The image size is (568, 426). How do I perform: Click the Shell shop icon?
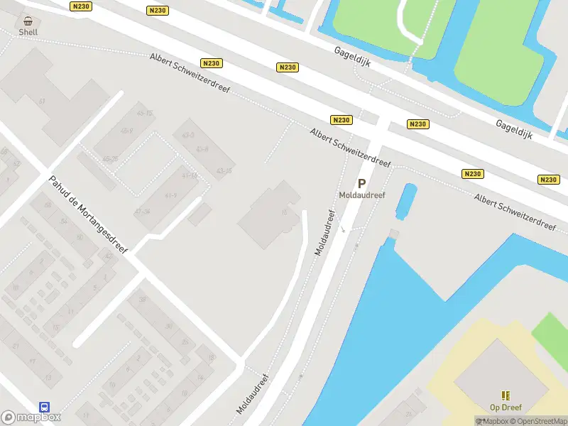(x=28, y=21)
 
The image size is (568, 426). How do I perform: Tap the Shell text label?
(x=28, y=32)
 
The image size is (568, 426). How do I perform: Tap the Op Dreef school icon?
(x=506, y=395)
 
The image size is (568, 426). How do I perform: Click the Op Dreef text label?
(x=506, y=408)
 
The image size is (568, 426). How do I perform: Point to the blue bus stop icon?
(x=44, y=408)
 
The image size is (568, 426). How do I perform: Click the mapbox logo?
(x=31, y=417)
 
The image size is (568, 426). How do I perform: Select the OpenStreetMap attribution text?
(x=542, y=421)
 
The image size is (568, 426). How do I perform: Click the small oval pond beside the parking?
(x=408, y=201)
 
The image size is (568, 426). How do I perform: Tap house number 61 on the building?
(x=42, y=102)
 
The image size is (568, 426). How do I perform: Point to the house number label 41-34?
(x=142, y=212)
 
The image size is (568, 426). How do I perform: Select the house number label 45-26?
(x=110, y=159)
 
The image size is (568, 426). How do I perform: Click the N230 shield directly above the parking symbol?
(x=341, y=120)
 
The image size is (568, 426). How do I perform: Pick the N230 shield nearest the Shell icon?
(x=82, y=6)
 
